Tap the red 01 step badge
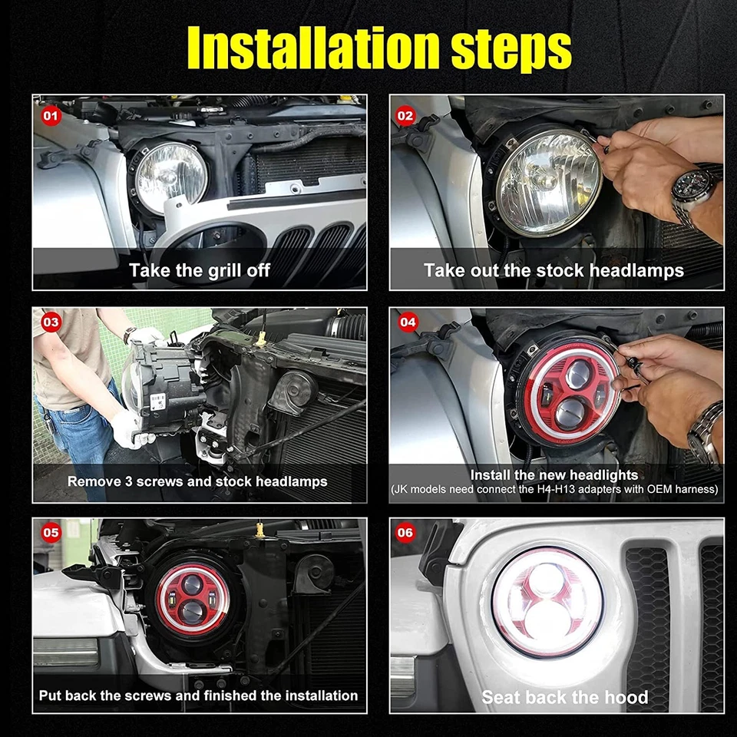pyautogui.click(x=51, y=117)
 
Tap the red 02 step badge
pyautogui.click(x=406, y=117)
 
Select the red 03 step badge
pyautogui.click(x=51, y=322)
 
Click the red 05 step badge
pyautogui.click(x=51, y=531)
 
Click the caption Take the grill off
pyautogui.click(x=200, y=270)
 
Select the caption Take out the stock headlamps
pyautogui.click(x=554, y=270)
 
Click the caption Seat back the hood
pyautogui.click(x=564, y=697)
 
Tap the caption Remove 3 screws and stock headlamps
pyautogui.click(x=197, y=481)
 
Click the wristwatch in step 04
pyautogui.click(x=706, y=430)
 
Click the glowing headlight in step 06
pyautogui.click(x=547, y=603)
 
